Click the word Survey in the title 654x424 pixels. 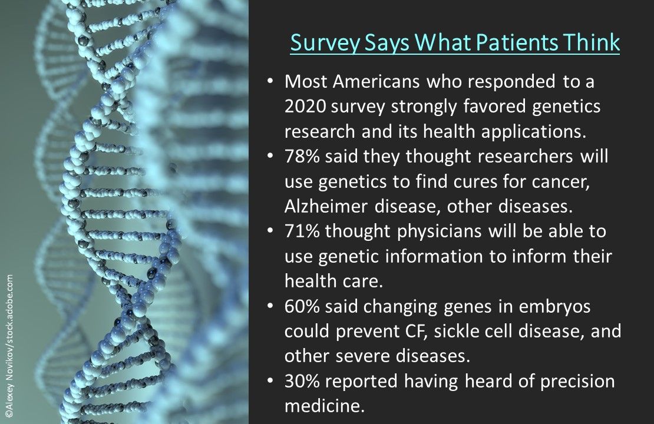(325, 44)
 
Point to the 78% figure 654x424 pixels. (302, 157)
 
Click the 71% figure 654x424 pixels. (302, 231)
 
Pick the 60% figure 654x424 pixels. (302, 306)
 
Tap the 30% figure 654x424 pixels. (302, 382)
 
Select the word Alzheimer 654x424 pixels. (326, 207)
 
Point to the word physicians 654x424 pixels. (439, 232)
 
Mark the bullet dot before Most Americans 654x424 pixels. (270, 81)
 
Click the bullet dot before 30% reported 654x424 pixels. (270, 380)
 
